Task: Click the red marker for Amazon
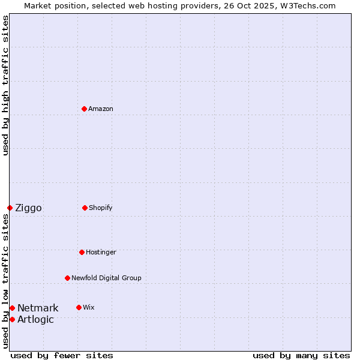pyautogui.click(x=84, y=109)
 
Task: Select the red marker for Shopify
pyautogui.click(x=85, y=208)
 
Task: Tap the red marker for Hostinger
pyautogui.click(x=82, y=252)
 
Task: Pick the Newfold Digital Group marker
pyautogui.click(x=67, y=278)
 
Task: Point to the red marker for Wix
pyautogui.click(x=79, y=307)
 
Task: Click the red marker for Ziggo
pyautogui.click(x=10, y=208)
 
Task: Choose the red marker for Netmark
pyautogui.click(x=12, y=308)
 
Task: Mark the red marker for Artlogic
pyautogui.click(x=12, y=319)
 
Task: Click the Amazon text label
pyautogui.click(x=101, y=109)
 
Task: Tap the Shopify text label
pyautogui.click(x=101, y=208)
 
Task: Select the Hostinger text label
pyautogui.click(x=101, y=252)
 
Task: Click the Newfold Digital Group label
pyautogui.click(x=106, y=278)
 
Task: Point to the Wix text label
pyautogui.click(x=89, y=307)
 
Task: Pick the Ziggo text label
pyautogui.click(x=28, y=208)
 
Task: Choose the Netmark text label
pyautogui.click(x=38, y=308)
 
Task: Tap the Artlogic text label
pyautogui.click(x=35, y=320)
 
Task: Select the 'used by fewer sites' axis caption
pyautogui.click(x=62, y=355)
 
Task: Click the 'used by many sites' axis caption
pyautogui.click(x=301, y=355)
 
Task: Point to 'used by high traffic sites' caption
pyautogui.click(x=5, y=85)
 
